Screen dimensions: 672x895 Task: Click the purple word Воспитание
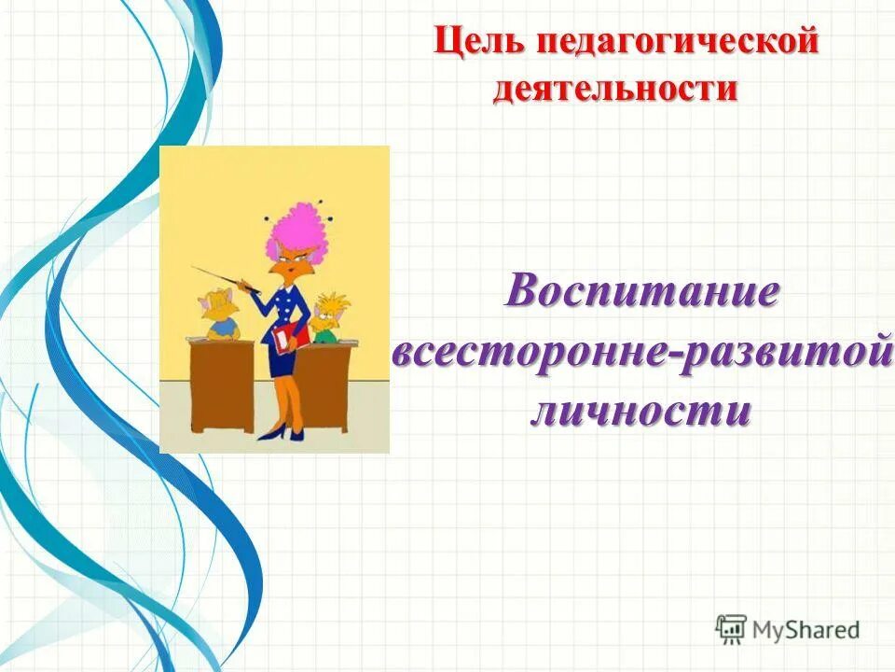(642, 291)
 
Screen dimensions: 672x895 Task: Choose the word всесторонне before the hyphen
(526, 354)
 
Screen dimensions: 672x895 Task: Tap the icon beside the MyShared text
(731, 628)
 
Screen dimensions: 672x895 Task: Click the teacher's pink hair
(297, 224)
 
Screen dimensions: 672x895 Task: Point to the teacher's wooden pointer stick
(224, 278)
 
